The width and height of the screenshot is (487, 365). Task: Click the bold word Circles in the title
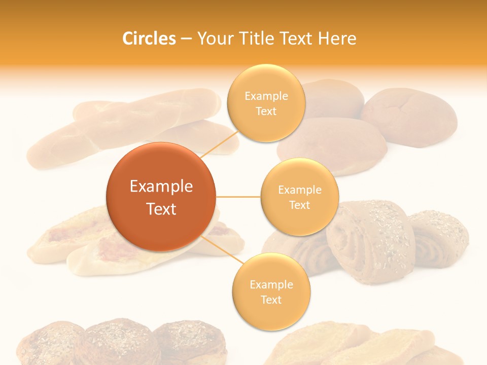coord(149,39)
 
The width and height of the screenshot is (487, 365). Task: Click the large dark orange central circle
coord(161,197)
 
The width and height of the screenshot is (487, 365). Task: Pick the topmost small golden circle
coord(266,103)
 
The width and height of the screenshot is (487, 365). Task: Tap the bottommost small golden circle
coord(271,291)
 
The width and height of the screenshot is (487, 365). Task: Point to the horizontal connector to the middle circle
coord(238,196)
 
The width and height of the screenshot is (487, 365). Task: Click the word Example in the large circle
coord(161,187)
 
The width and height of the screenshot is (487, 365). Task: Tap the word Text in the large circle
coord(161,209)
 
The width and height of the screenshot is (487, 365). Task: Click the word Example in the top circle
coord(266,96)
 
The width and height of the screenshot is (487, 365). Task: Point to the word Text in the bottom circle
coord(271,300)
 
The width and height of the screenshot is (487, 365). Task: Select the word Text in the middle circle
coord(299,205)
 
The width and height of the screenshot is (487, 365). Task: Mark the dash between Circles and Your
coord(186,39)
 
